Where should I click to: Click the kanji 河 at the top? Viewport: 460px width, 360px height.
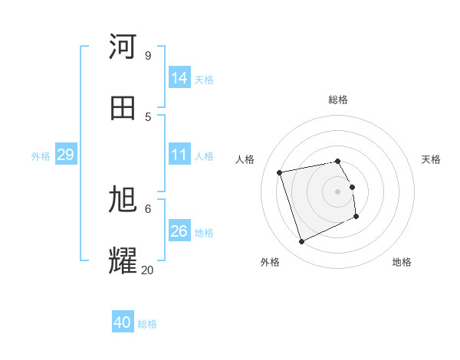click(123, 47)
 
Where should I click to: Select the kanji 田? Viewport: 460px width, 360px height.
click(123, 108)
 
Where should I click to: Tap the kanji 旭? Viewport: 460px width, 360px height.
click(123, 200)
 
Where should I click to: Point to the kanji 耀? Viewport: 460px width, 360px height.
click(123, 261)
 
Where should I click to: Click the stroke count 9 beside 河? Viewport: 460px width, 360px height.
click(147, 55)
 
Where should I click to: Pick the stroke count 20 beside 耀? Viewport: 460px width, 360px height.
click(147, 270)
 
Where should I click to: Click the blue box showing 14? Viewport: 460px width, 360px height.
click(179, 77)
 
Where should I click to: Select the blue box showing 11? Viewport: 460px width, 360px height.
click(179, 155)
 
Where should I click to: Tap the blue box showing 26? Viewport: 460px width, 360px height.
click(179, 231)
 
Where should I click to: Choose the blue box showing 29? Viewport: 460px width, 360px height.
click(65, 155)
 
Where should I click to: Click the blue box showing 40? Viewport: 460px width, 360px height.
click(123, 322)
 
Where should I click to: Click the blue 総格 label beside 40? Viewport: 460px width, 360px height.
click(147, 324)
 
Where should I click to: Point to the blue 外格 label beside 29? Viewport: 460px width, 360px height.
click(41, 156)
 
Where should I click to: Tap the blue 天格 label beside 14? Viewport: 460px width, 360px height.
click(204, 79)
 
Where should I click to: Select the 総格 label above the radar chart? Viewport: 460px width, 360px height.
click(338, 100)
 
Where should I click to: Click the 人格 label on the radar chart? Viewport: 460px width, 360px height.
click(245, 159)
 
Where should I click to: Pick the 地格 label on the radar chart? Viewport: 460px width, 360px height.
click(402, 262)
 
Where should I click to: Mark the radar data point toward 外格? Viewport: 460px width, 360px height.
click(301, 242)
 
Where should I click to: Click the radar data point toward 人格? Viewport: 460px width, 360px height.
click(280, 172)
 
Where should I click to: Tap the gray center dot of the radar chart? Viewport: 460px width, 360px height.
click(338, 191)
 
